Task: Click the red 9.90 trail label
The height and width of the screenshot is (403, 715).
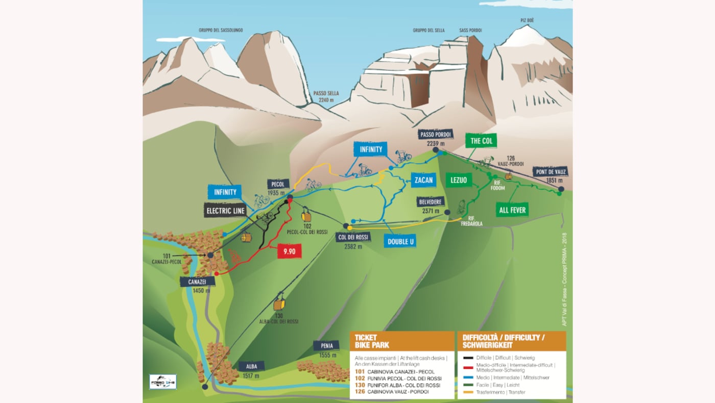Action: click(x=289, y=251)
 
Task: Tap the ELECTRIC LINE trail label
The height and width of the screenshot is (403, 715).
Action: click(x=226, y=210)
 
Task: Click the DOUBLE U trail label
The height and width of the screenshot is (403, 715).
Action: click(x=400, y=241)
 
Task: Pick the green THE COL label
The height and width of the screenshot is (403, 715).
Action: click(x=481, y=140)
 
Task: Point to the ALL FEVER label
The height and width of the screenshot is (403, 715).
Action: click(x=512, y=210)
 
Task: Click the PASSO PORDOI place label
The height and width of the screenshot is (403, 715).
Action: click(x=436, y=135)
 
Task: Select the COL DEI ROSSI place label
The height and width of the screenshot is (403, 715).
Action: click(x=353, y=237)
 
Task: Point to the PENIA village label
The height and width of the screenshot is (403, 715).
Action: click(x=326, y=346)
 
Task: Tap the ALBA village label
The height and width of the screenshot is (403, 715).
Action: click(x=251, y=366)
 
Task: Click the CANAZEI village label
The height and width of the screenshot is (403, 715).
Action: click(x=197, y=282)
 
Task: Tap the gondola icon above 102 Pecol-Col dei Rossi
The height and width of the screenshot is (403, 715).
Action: click(x=306, y=215)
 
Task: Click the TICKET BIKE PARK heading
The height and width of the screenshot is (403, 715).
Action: click(x=372, y=341)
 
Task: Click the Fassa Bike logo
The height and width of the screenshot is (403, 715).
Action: click(x=163, y=382)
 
